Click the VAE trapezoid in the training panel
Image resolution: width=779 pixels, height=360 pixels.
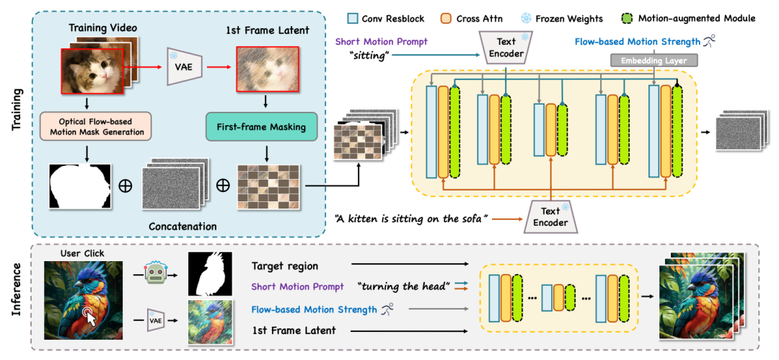179,64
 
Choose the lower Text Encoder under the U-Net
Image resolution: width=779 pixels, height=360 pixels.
550,216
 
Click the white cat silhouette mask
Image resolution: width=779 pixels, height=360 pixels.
80,184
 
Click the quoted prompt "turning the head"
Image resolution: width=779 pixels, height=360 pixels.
400,287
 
